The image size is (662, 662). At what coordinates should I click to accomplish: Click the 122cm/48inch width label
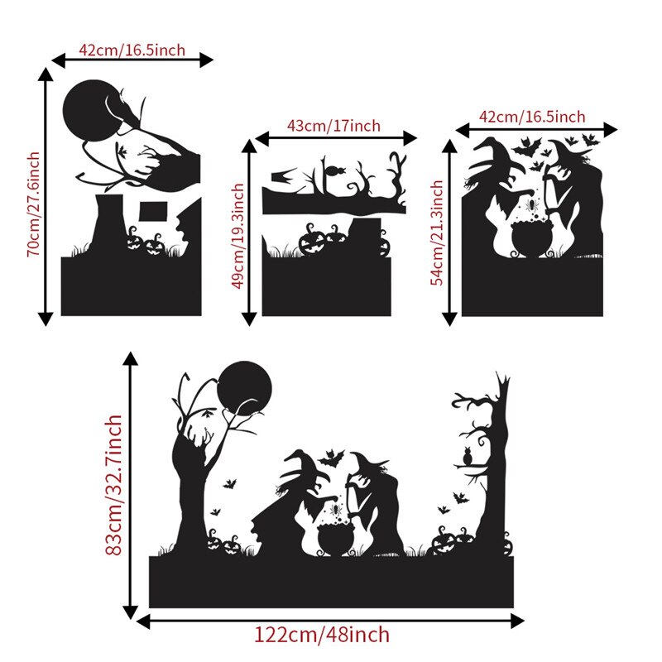tap(322, 636)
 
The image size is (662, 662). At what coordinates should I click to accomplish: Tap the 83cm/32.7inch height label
tap(113, 485)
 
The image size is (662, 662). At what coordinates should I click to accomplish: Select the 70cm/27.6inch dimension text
tap(33, 204)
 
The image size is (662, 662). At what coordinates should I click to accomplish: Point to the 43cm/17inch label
tap(333, 126)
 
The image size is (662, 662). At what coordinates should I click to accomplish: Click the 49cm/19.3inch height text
tap(237, 236)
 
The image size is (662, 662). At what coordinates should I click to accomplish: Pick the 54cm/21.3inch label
tap(437, 233)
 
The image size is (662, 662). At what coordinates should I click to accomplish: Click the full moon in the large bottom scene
tap(244, 388)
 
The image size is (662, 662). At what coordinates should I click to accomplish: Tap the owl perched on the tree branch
tap(467, 457)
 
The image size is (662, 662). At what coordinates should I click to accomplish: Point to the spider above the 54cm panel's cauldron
tap(531, 205)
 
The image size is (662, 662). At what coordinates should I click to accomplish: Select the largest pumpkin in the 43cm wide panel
tap(312, 242)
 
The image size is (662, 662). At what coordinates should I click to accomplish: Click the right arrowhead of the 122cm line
tap(517, 621)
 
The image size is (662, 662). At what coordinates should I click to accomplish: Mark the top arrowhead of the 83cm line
tap(131, 358)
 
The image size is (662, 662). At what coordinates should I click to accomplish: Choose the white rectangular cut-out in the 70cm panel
tap(153, 211)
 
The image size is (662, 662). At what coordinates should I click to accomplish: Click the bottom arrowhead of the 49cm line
tap(249, 319)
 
